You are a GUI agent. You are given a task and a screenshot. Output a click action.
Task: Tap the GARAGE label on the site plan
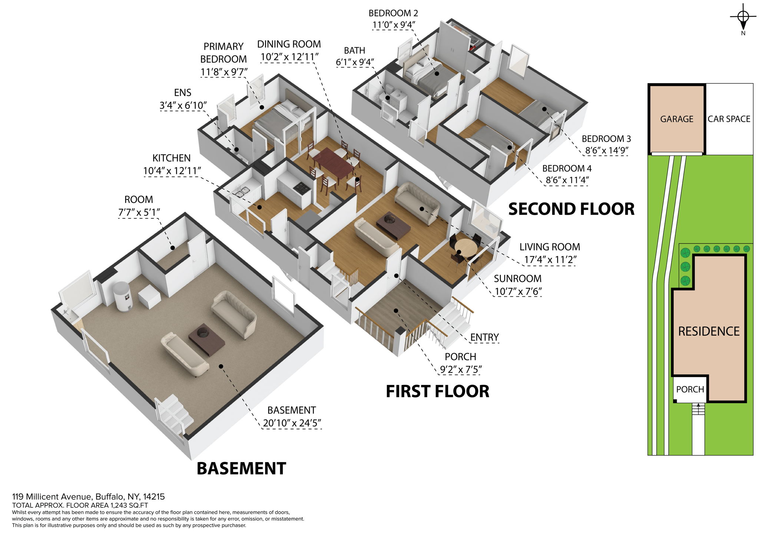676,119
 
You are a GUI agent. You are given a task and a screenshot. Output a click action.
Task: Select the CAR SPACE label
729,119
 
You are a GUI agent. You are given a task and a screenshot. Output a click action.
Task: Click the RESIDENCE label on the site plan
709,331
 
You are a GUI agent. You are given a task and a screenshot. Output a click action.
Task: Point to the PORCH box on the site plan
690,389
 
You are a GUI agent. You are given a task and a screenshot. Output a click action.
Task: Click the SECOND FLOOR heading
571,209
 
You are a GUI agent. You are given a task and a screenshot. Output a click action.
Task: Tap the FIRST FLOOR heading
437,392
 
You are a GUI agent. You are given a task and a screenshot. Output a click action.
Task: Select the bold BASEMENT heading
241,468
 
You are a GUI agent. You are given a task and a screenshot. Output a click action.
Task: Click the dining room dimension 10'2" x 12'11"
289,57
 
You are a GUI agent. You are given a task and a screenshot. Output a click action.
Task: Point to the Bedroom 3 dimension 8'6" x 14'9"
606,151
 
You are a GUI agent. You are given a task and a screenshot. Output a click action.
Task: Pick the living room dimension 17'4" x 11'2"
550,260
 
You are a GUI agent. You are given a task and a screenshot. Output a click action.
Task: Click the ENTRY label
484,337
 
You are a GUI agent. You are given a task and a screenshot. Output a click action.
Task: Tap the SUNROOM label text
517,279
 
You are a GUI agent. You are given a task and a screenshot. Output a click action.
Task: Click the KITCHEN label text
172,158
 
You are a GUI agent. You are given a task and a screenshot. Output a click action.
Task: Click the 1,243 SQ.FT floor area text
128,505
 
